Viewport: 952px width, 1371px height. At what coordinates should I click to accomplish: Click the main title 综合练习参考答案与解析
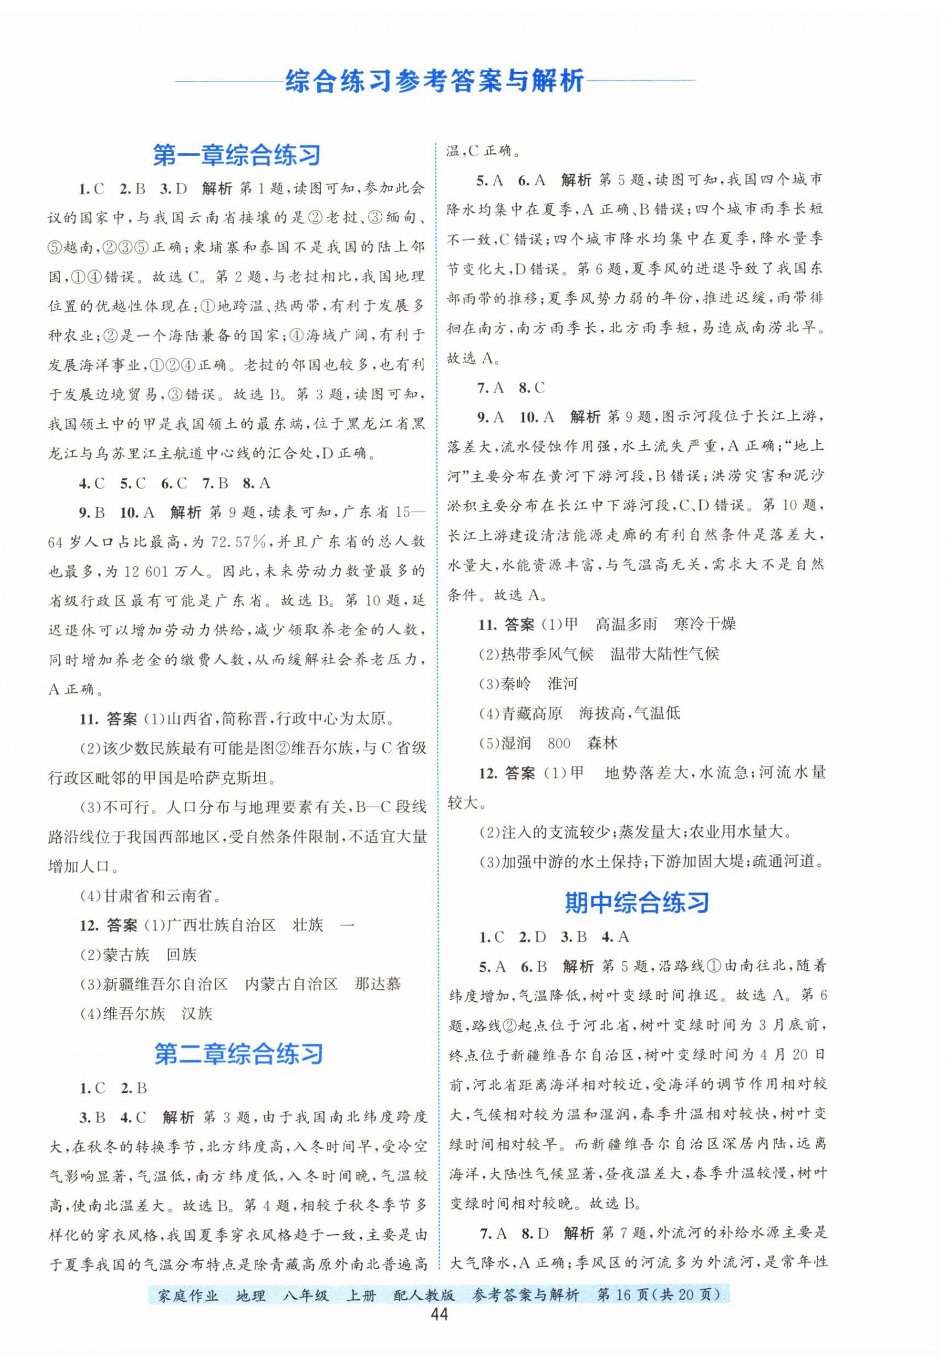tap(434, 81)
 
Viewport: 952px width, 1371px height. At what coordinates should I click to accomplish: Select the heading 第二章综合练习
tap(239, 1054)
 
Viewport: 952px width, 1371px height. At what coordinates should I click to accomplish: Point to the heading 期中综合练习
tap(636, 902)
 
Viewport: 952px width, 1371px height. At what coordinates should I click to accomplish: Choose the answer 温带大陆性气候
tap(665, 654)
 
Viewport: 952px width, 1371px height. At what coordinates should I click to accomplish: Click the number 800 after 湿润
tap(559, 743)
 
